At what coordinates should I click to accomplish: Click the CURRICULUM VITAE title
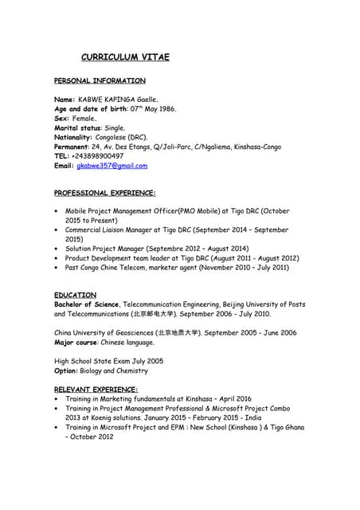[x=126, y=57]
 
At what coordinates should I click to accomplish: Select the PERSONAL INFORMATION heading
[x=100, y=80]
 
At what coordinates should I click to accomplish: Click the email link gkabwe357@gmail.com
[x=112, y=166]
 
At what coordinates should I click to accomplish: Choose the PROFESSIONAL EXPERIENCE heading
[x=104, y=193]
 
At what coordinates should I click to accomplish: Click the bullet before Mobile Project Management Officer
[x=57, y=211]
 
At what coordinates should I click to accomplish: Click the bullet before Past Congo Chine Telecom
[x=57, y=268]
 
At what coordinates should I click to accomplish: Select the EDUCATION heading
[x=75, y=295]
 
